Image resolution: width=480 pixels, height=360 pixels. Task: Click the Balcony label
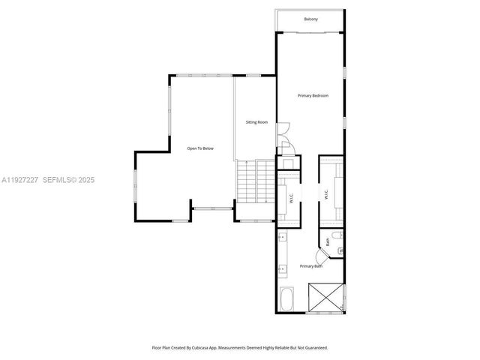coord(310,19)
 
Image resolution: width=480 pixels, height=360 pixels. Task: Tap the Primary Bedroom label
coord(312,96)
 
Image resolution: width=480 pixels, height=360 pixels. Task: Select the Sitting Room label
coord(256,121)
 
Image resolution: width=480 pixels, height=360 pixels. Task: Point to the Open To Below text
coord(200,148)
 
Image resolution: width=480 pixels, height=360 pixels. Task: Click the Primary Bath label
coord(311,266)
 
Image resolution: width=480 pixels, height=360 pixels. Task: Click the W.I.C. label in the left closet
coord(290,199)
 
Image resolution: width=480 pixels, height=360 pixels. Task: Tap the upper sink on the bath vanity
coord(281,239)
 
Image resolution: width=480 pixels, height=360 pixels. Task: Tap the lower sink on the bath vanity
coord(281,268)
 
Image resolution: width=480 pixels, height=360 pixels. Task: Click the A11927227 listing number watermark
coord(20,180)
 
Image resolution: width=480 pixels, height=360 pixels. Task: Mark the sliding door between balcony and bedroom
coord(310,33)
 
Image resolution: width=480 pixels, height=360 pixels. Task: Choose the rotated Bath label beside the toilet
coord(328,242)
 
